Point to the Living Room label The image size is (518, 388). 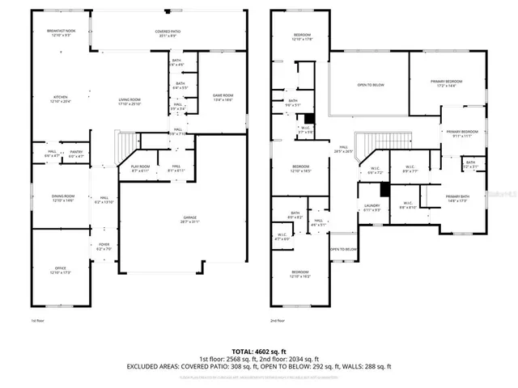[x=129, y=102]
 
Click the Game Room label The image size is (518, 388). [x=223, y=97]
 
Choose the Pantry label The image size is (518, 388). [x=76, y=153]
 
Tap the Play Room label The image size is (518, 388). [x=141, y=168]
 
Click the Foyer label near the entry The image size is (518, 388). [x=104, y=247]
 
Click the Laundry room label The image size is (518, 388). [x=372, y=208]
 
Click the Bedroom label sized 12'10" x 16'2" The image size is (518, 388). [x=299, y=273]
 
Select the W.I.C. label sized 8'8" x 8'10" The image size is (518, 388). [x=407, y=205]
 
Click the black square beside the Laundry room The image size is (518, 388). [x=385, y=190]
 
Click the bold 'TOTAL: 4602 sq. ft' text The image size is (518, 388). [x=259, y=351]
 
